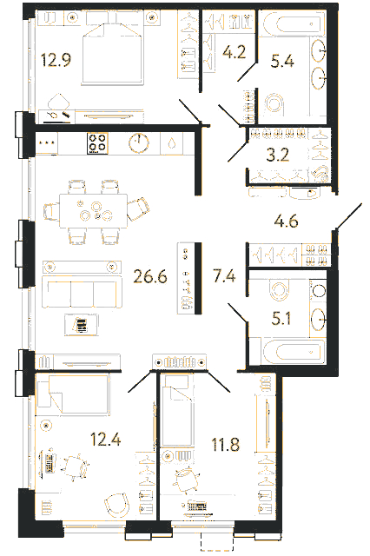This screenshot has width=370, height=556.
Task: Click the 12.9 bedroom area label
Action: (x=56, y=60)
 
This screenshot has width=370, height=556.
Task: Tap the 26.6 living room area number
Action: (x=150, y=276)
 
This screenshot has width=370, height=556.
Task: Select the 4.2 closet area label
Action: (x=235, y=52)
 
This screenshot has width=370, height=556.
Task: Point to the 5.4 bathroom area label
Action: (x=282, y=61)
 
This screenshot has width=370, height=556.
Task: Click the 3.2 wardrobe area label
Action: (x=278, y=155)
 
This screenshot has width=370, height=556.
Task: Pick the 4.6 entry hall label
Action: (x=286, y=222)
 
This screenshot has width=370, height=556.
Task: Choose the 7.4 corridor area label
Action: (x=224, y=276)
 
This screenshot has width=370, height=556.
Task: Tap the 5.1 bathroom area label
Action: (x=281, y=319)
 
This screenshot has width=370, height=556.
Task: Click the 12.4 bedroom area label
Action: (x=106, y=439)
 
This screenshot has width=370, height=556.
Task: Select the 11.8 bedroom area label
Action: (x=226, y=444)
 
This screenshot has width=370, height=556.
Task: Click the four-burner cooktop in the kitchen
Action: (x=97, y=142)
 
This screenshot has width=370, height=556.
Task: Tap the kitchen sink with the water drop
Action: (x=172, y=143)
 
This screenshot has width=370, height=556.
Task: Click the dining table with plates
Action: (x=94, y=211)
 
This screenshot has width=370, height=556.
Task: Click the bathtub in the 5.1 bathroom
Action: (x=294, y=351)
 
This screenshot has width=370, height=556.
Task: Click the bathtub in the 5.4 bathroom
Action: (x=294, y=24)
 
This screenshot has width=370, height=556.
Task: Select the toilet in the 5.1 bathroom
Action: (x=279, y=289)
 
